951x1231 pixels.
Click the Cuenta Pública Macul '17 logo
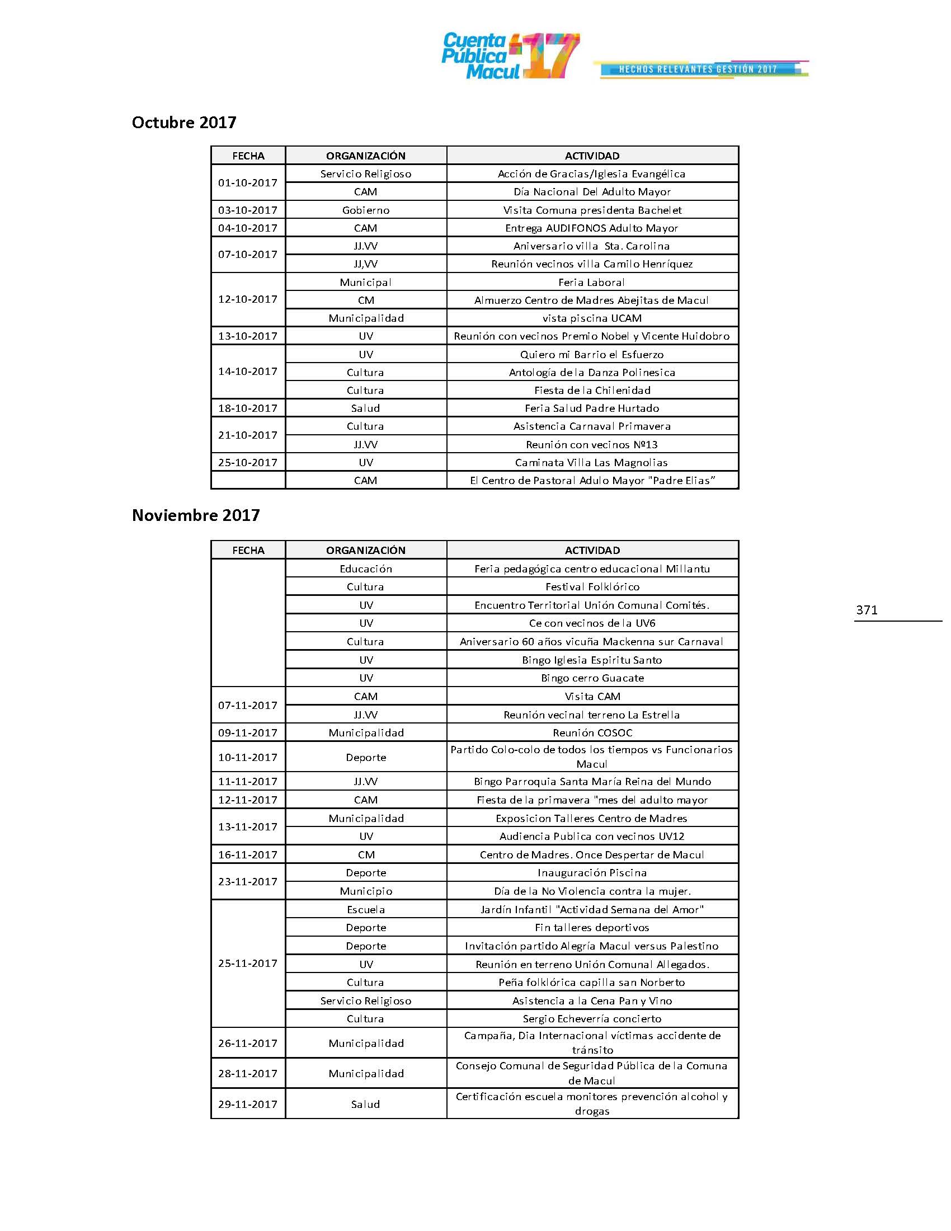click(510, 56)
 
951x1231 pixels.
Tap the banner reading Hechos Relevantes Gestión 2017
click(699, 69)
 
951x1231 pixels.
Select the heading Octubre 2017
click(183, 123)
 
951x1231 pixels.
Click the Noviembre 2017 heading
click(195, 515)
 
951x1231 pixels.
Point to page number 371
click(867, 610)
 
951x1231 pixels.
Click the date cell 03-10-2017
click(248, 210)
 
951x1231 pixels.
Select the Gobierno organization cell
click(366, 210)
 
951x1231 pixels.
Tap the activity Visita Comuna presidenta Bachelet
click(592, 210)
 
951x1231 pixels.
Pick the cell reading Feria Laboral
click(591, 283)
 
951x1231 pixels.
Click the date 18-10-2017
click(248, 408)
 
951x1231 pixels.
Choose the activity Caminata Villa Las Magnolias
click(591, 463)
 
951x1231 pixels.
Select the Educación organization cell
click(366, 568)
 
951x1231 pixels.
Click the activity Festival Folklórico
click(592, 587)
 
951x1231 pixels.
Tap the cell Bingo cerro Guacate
click(592, 678)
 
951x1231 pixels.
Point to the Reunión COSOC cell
click(592, 733)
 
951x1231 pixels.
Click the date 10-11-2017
click(248, 758)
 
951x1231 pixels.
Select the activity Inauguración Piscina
click(592, 872)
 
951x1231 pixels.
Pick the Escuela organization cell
click(366, 909)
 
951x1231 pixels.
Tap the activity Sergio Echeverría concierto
click(592, 1018)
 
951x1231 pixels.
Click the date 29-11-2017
click(248, 1104)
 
